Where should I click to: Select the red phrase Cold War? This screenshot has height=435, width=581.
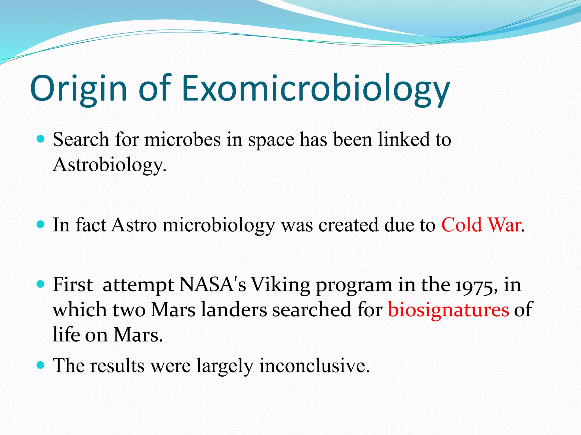click(481, 225)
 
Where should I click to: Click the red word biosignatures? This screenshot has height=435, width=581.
click(449, 310)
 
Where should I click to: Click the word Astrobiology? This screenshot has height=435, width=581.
click(109, 165)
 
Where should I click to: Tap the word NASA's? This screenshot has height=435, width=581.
click(213, 284)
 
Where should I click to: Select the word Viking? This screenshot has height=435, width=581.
click(281, 285)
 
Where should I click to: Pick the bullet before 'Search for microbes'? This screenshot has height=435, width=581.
click(41, 139)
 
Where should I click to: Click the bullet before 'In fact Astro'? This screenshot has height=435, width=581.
click(41, 225)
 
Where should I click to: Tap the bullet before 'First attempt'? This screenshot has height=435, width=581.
click(41, 284)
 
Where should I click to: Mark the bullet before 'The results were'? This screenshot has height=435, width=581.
click(41, 365)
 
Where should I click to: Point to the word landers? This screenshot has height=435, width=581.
click(234, 310)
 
